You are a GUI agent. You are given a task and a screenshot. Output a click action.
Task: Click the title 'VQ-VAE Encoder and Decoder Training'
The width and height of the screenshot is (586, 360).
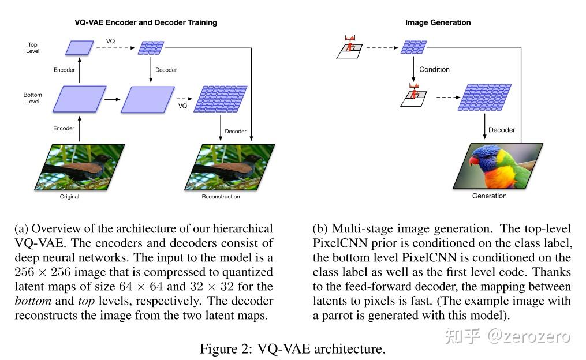145,22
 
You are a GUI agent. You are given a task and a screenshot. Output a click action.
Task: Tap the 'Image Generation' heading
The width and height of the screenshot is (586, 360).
438,22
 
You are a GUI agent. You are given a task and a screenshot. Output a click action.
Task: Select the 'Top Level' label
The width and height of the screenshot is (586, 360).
32,48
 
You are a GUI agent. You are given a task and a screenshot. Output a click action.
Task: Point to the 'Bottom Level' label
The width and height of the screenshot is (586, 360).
32,98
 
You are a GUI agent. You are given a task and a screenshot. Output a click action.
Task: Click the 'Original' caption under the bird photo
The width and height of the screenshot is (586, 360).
69,196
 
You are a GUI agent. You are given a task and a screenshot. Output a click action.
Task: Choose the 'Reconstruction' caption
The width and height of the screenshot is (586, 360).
221,196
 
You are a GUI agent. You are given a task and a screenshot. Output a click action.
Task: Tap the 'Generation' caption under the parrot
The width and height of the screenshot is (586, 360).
489,196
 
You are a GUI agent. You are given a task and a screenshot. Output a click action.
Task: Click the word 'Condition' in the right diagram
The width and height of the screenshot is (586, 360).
434,69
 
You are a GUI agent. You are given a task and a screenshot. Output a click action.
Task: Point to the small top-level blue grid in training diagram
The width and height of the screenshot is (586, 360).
151,48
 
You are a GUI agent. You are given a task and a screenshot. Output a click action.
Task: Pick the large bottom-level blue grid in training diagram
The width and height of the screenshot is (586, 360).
221,99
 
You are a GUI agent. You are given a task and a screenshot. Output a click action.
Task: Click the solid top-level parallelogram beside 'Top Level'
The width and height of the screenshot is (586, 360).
80,48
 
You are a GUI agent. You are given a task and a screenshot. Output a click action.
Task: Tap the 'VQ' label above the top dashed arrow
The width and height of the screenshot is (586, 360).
110,41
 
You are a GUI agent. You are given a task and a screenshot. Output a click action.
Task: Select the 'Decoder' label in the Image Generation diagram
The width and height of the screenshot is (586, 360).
502,130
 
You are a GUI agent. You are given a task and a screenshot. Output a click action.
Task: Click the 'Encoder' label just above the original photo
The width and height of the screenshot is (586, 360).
64,128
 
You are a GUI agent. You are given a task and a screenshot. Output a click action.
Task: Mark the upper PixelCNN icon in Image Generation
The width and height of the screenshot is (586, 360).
349,47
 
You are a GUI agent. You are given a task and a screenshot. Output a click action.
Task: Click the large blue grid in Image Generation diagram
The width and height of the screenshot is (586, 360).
485,97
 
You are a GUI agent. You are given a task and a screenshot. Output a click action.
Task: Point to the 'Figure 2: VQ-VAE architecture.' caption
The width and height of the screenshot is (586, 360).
293,349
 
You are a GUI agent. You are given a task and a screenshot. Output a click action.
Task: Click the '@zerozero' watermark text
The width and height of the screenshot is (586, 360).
529,336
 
